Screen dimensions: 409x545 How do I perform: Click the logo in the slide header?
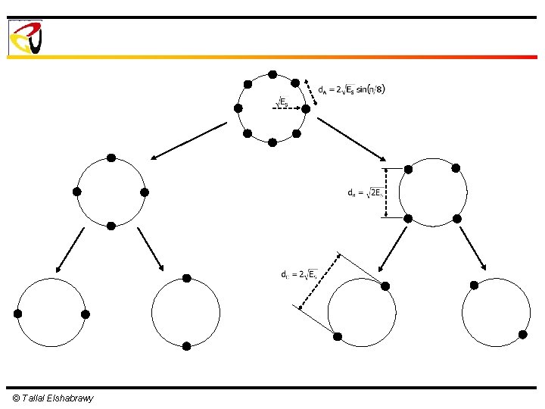click(x=25, y=37)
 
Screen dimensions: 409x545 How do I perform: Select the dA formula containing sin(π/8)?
click(x=351, y=89)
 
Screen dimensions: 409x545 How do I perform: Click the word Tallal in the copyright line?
click(x=33, y=398)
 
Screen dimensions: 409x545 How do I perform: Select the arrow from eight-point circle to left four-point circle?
click(x=188, y=142)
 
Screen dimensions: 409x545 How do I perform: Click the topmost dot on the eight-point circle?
click(x=272, y=74)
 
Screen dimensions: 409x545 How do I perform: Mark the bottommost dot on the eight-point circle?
click(x=272, y=142)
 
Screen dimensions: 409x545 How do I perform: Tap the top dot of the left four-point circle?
click(x=111, y=158)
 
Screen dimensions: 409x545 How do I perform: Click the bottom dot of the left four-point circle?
click(x=111, y=226)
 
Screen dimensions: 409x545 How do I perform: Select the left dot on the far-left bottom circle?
click(x=17, y=314)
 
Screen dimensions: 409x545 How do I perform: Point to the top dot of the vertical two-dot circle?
click(x=186, y=278)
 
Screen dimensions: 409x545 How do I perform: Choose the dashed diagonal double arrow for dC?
click(x=319, y=281)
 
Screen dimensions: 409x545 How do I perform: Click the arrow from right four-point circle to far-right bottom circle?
click(x=472, y=248)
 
